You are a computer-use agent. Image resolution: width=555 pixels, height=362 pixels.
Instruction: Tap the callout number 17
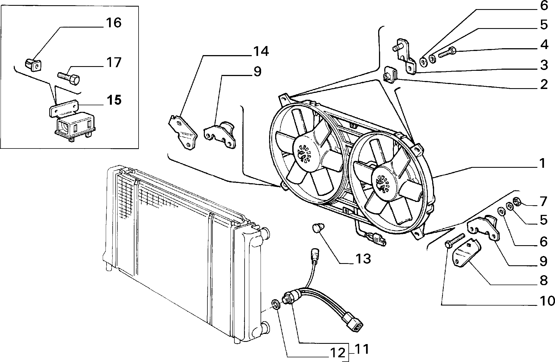click(113, 63)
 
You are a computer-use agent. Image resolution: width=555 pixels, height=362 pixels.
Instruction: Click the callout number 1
click(542, 163)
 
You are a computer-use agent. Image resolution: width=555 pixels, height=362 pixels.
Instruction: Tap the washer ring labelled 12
click(276, 304)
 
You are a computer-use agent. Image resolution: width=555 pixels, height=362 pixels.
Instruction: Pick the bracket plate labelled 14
click(183, 132)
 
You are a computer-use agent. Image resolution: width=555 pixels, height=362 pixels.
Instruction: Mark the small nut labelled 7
click(516, 202)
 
